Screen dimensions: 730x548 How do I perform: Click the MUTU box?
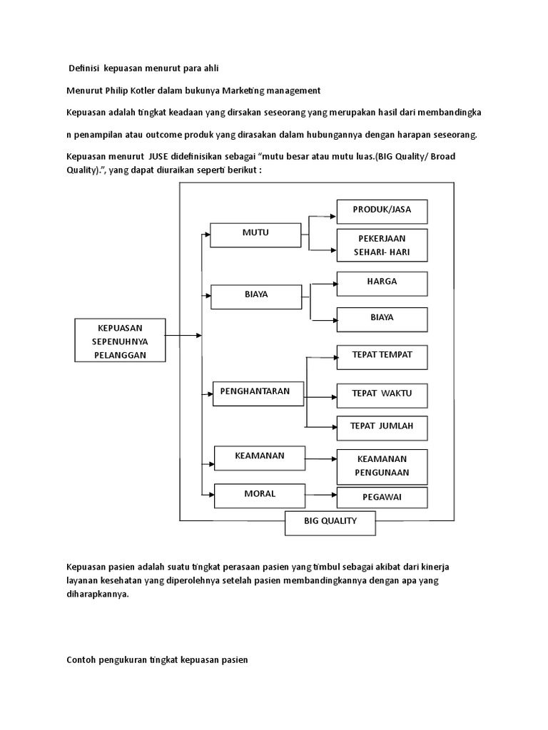pyautogui.click(x=255, y=235)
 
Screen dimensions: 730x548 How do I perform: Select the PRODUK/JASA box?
pyautogui.click(x=382, y=211)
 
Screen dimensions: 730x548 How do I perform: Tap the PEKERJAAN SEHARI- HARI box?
pyautogui.click(x=382, y=246)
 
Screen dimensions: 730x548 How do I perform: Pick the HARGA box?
pyautogui.click(x=382, y=284)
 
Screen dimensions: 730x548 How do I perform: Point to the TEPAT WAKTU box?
pyautogui.click(x=382, y=394)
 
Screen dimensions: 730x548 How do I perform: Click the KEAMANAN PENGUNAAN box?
pyautogui.click(x=382, y=466)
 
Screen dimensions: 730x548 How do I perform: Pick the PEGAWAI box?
pyautogui.click(x=382, y=498)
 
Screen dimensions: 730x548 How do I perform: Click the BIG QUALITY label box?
pyautogui.click(x=330, y=523)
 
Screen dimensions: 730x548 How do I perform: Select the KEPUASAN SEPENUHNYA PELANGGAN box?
pyautogui.click(x=120, y=340)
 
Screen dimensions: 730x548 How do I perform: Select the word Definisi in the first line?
pyautogui.click(x=83, y=68)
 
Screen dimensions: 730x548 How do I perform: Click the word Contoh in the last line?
pyautogui.click(x=81, y=660)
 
